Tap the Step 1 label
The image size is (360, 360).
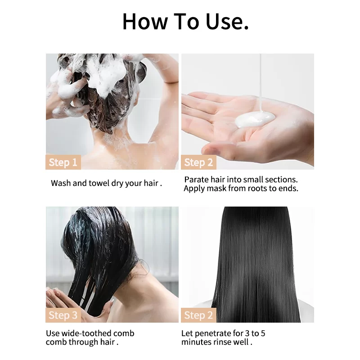pos(63,162)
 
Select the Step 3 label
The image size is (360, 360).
pos(63,315)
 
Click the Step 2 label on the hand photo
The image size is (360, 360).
pos(198,162)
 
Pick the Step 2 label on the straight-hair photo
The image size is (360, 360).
pos(198,315)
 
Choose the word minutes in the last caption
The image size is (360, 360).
pos(198,342)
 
